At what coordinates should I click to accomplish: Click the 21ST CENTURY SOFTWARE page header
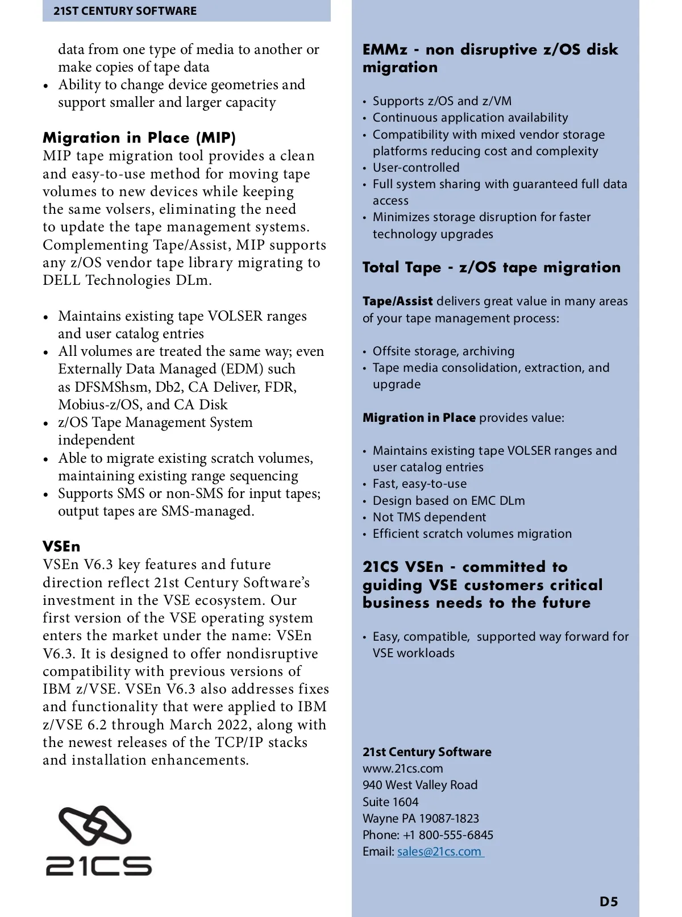(x=125, y=11)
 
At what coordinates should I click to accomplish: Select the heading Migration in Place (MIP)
(x=139, y=138)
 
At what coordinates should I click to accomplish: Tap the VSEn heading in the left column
(x=61, y=546)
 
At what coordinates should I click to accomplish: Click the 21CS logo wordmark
(x=98, y=865)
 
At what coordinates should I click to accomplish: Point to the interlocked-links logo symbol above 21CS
(x=95, y=825)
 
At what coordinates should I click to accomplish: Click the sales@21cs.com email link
(x=439, y=852)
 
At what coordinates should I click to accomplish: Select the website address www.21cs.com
(x=403, y=769)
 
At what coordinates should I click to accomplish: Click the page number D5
(x=608, y=902)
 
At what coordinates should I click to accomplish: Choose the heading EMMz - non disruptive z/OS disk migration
(x=490, y=58)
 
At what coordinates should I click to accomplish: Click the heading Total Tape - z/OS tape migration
(x=492, y=267)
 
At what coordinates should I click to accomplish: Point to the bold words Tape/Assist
(x=398, y=301)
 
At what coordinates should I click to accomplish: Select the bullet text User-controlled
(x=416, y=168)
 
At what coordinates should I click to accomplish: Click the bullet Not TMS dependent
(x=429, y=517)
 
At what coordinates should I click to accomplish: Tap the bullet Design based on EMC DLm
(x=448, y=501)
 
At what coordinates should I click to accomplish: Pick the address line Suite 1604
(x=390, y=802)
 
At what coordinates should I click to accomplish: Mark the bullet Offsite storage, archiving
(x=443, y=351)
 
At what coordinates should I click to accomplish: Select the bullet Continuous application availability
(x=470, y=118)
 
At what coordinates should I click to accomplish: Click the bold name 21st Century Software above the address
(x=427, y=752)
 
